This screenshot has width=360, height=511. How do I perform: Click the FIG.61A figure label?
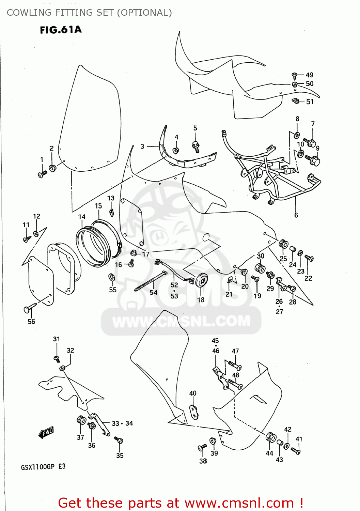[x=61, y=30]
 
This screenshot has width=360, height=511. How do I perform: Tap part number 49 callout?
[x=309, y=75]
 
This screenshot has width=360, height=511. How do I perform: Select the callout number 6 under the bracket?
[x=296, y=215]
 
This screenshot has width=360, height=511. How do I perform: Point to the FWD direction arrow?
[x=46, y=433]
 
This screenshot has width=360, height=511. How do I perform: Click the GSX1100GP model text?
[x=37, y=467]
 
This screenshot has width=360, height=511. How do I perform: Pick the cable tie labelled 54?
[x=150, y=281]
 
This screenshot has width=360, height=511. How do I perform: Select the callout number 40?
[x=193, y=393]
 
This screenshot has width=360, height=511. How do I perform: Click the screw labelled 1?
[x=43, y=174]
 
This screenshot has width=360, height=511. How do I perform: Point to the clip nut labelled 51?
[x=296, y=100]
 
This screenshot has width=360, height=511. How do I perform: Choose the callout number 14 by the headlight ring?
[x=82, y=217]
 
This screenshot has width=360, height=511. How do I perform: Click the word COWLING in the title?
[x=29, y=13]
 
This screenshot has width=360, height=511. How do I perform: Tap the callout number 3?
[x=142, y=146]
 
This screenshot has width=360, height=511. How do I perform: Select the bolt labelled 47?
[x=235, y=366]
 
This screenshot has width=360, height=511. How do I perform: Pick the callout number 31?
[x=57, y=339]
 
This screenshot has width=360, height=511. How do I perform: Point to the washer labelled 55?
[x=111, y=277]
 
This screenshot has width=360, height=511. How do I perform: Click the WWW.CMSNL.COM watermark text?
[x=181, y=321]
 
